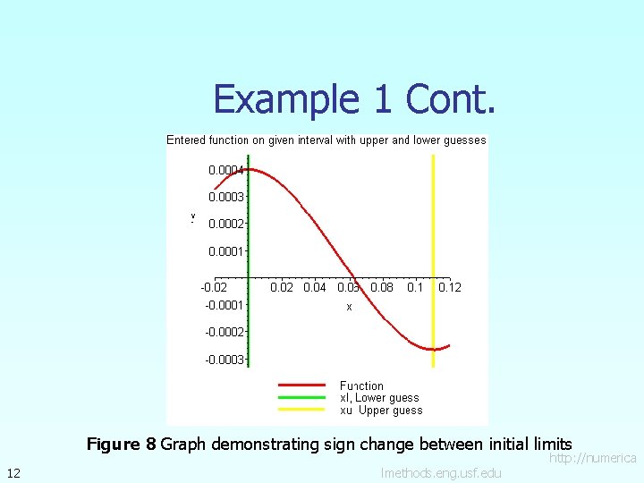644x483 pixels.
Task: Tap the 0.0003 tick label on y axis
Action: click(226, 197)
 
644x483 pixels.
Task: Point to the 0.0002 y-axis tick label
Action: click(226, 224)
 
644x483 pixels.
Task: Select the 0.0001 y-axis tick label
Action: click(226, 251)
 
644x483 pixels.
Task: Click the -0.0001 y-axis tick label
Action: click(225, 305)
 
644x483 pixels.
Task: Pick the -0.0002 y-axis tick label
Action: click(225, 332)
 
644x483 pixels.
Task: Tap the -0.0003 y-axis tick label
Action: click(225, 360)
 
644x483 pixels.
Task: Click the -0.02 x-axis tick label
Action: click(214, 287)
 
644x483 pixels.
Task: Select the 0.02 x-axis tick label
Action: click(282, 287)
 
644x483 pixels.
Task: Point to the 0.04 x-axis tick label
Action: click(315, 287)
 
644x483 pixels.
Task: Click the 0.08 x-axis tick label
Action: click(382, 287)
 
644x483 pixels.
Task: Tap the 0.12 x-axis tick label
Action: click(450, 287)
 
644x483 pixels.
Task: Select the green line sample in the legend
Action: click(301, 398)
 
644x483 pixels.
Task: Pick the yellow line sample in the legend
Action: click(301, 410)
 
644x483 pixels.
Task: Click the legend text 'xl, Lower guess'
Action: click(379, 398)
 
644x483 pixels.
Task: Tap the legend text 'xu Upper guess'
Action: click(381, 411)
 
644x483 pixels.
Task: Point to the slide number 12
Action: click(13, 472)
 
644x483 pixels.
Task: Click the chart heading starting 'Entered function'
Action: click(326, 140)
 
